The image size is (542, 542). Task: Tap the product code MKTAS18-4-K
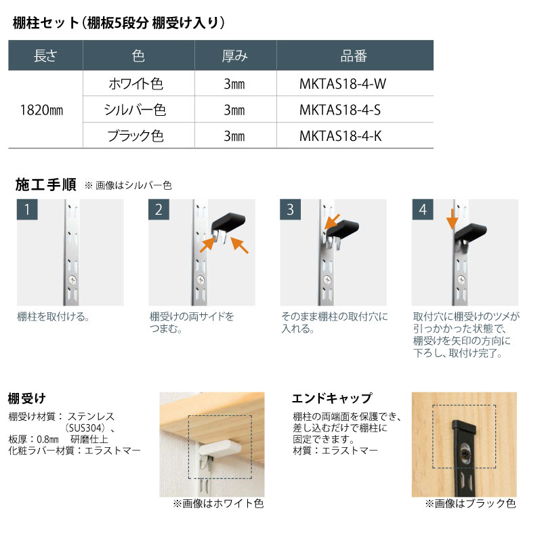(x=341, y=135)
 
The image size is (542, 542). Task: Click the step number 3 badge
(x=290, y=209)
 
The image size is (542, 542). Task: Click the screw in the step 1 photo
(x=70, y=279)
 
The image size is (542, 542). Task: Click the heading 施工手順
(x=45, y=184)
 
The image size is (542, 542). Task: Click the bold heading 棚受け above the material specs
(x=26, y=398)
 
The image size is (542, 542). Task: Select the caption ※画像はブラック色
(x=470, y=503)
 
